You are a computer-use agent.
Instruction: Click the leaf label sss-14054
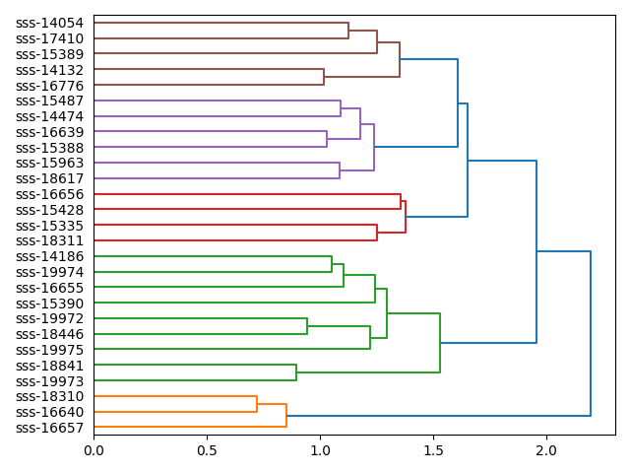[49, 23]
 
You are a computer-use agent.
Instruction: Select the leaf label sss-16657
[49, 428]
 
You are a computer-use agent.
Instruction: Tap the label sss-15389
[49, 54]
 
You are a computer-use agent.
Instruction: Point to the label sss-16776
[49, 86]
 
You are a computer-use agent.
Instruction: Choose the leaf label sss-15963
[49, 164]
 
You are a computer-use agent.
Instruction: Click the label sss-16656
[49, 194]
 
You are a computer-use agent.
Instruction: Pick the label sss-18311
[49, 241]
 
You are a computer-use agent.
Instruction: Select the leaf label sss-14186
[49, 256]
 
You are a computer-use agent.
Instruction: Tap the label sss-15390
[49, 304]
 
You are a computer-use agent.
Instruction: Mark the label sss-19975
[49, 350]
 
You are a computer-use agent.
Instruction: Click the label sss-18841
[49, 366]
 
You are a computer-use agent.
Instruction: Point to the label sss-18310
[49, 396]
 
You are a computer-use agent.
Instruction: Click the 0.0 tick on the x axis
[94, 450]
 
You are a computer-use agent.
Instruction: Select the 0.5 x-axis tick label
[207, 450]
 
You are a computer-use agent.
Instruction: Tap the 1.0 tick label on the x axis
[320, 450]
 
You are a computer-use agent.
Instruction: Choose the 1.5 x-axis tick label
[433, 450]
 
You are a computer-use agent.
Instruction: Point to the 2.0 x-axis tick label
[546, 450]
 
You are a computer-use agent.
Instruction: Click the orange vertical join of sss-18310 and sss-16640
[257, 404]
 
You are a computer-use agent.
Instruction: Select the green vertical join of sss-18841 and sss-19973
[296, 372]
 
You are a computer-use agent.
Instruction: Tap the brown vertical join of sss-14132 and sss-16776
[324, 78]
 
